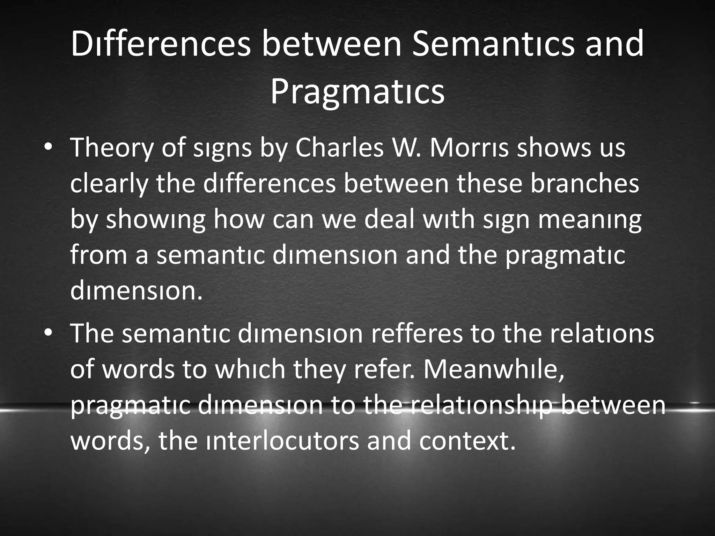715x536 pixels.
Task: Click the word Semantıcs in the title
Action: (x=493, y=44)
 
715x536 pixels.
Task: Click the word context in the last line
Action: (x=467, y=441)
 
